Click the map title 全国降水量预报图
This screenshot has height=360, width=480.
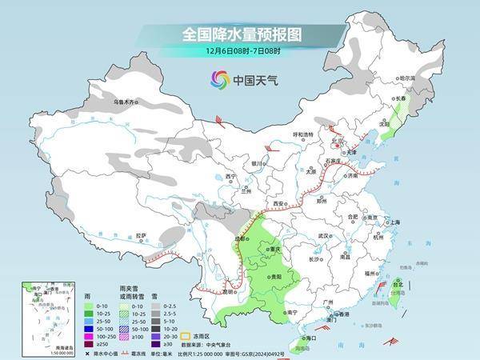240,34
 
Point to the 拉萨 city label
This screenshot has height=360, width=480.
141,235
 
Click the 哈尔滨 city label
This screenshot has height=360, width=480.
408,78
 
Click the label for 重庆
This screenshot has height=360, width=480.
276,250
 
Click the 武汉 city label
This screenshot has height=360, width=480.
323,236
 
